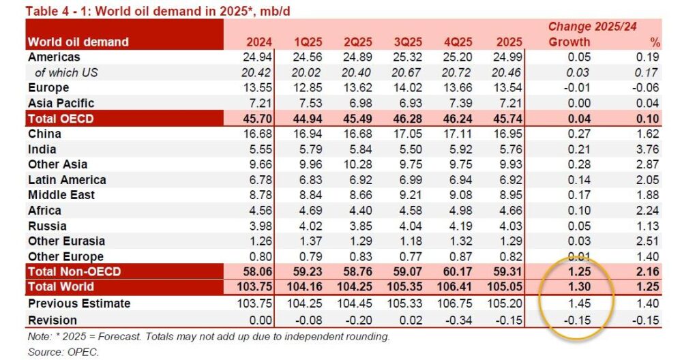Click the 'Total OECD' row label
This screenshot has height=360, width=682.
click(x=61, y=119)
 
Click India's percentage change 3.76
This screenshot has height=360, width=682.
click(x=647, y=149)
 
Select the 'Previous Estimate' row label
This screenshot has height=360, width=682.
click(x=78, y=303)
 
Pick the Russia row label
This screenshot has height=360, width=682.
click(x=47, y=226)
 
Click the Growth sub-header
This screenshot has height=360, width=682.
click(x=569, y=42)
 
